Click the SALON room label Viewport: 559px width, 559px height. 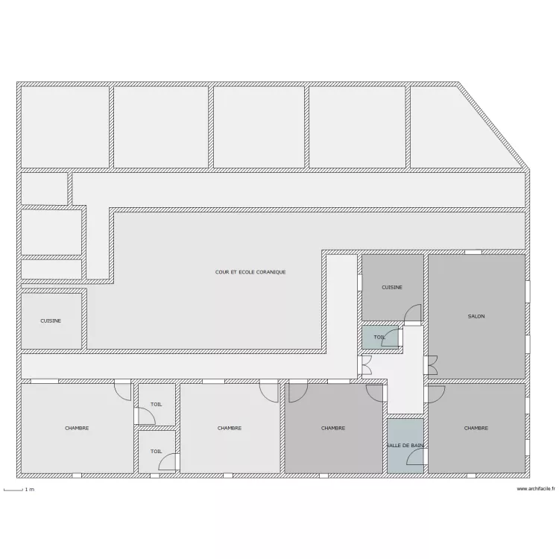pyautogui.click(x=476, y=316)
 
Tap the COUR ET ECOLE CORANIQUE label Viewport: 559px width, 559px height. pyautogui.click(x=250, y=272)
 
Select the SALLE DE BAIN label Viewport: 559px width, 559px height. pyautogui.click(x=405, y=446)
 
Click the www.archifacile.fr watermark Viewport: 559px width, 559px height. pyautogui.click(x=535, y=489)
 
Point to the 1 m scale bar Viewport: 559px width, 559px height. pyautogui.click(x=13, y=490)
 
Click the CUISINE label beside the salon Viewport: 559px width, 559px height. pyautogui.click(x=392, y=288)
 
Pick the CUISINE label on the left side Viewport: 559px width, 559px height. pyautogui.click(x=51, y=320)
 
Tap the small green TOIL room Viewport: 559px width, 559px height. pyautogui.click(x=380, y=337)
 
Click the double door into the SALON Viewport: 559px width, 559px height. pyautogui.click(x=431, y=365)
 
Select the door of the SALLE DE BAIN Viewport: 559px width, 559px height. pyautogui.click(x=417, y=457)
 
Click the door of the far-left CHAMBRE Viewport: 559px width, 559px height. pyautogui.click(x=123, y=391)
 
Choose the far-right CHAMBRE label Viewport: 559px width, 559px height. pyautogui.click(x=476, y=428)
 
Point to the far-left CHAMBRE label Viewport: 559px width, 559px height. pyautogui.click(x=77, y=428)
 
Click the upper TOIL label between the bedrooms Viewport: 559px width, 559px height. pyautogui.click(x=157, y=404)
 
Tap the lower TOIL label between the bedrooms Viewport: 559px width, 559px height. pyautogui.click(x=157, y=452)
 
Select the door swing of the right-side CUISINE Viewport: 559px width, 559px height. pyautogui.click(x=413, y=313)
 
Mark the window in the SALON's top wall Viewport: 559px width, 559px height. pyautogui.click(x=473, y=252)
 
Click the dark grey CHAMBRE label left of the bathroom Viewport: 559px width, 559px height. pyautogui.click(x=333, y=428)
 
